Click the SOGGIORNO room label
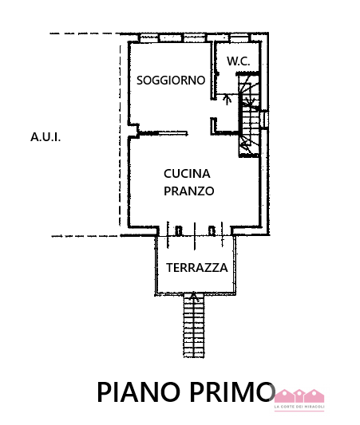tap(171, 81)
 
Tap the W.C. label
tap(239, 61)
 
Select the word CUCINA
tap(187, 174)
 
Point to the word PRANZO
tap(189, 191)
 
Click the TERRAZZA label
tap(197, 268)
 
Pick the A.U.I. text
tap(45, 137)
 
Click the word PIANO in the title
tap(139, 392)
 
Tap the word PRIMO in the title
tap(232, 392)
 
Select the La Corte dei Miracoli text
tap(299, 407)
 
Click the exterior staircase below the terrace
tap(194, 325)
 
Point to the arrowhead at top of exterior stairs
tap(193, 295)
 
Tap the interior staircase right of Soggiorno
tap(249, 115)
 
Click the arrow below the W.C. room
tap(227, 99)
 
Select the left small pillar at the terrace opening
tap(179, 230)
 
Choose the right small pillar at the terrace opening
tap(212, 230)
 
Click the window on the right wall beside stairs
tap(264, 120)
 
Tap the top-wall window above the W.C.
tap(239, 38)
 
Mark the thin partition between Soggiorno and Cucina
tap(164, 133)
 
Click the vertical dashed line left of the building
tap(121, 136)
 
